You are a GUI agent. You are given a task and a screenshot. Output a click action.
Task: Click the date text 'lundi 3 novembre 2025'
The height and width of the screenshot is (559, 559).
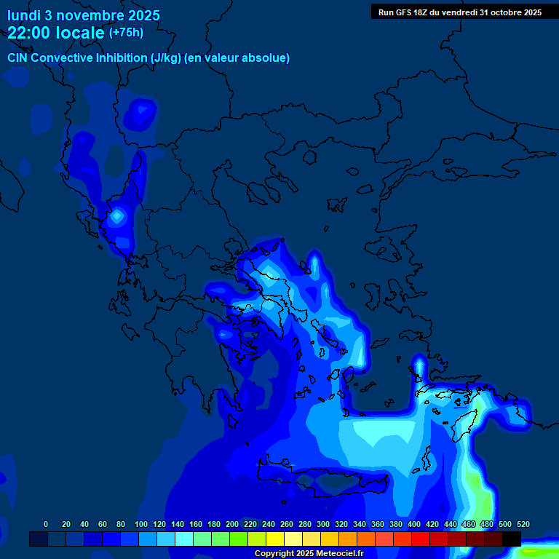click(x=84, y=15)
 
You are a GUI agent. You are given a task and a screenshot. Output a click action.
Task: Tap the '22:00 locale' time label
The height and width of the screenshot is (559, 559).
click(x=56, y=33)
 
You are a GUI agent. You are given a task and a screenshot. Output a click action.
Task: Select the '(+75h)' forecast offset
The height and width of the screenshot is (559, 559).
click(x=126, y=33)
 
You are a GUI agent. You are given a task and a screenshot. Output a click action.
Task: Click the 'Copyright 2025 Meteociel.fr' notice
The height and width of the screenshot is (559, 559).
click(x=309, y=553)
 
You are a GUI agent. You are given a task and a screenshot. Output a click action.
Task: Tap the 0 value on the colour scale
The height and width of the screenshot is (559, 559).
click(x=46, y=524)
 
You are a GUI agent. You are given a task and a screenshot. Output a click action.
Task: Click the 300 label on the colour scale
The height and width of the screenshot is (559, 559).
click(x=323, y=524)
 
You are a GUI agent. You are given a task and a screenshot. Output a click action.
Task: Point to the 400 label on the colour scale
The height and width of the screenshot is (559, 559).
click(x=414, y=524)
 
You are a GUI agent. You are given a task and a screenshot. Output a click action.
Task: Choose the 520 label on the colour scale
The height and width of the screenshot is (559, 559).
click(x=523, y=524)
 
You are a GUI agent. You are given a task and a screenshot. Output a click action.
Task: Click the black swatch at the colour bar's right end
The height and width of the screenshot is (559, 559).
click(x=512, y=539)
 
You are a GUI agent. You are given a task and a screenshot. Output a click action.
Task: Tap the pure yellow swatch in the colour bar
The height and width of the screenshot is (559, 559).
click(x=274, y=539)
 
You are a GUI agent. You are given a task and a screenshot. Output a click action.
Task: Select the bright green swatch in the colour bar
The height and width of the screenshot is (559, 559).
click(x=238, y=539)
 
